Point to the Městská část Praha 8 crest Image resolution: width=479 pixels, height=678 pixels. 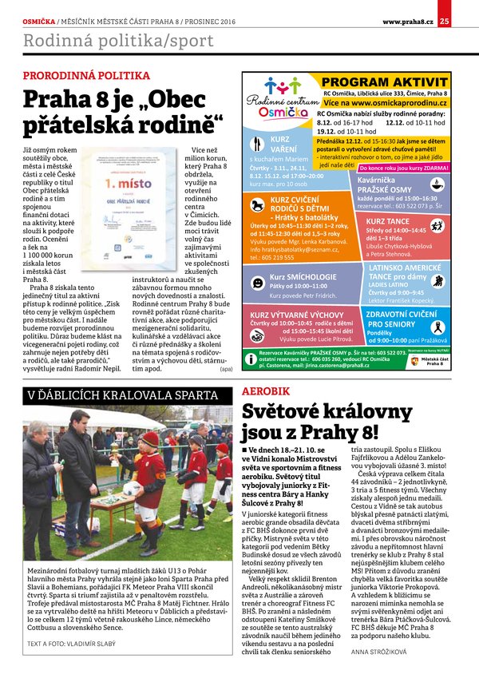(414, 360)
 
